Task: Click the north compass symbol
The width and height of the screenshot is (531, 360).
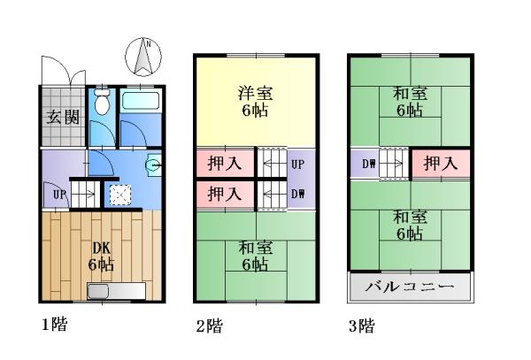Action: click(143, 57)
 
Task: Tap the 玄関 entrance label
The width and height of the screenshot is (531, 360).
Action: click(63, 117)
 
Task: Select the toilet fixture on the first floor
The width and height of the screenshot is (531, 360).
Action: click(102, 101)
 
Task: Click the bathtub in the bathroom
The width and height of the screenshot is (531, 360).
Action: click(140, 100)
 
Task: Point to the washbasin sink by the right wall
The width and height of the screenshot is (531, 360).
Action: click(154, 165)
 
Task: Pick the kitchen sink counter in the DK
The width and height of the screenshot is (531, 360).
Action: click(117, 291)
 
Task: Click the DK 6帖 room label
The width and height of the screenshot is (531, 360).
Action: click(101, 257)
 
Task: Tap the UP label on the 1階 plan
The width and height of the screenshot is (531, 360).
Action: click(59, 195)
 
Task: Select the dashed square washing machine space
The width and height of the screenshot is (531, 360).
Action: click(120, 195)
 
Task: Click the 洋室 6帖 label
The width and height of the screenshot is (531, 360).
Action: click(256, 101)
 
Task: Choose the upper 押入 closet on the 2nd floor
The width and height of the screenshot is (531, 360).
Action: click(225, 163)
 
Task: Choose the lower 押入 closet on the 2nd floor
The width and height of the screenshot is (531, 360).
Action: click(225, 195)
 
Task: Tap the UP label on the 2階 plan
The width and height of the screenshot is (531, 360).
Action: click(297, 165)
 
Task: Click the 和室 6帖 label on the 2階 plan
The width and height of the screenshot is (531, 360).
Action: click(256, 256)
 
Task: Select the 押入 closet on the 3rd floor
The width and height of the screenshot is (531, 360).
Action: click(441, 164)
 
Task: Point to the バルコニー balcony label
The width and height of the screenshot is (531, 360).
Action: click(410, 287)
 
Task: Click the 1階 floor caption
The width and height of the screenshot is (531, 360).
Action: click(55, 324)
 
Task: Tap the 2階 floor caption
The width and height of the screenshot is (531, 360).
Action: click(209, 326)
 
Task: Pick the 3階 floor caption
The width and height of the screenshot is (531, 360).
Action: click(362, 326)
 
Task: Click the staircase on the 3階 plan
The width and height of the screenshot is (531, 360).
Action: click(394, 164)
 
